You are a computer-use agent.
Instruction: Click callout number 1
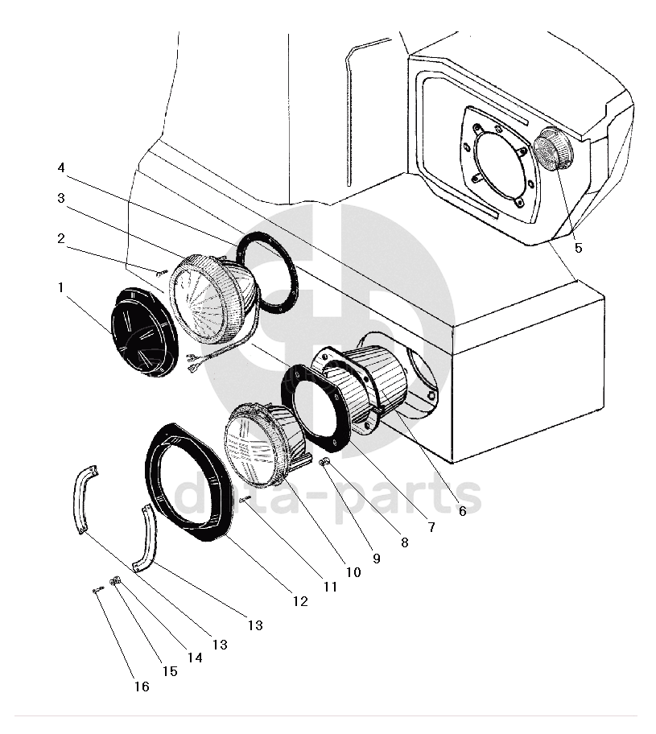click(x=60, y=287)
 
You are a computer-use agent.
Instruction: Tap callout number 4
click(x=61, y=167)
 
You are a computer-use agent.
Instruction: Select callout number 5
click(x=578, y=248)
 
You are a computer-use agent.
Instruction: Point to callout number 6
click(x=462, y=511)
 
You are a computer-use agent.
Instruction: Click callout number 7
click(x=431, y=527)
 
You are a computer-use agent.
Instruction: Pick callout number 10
click(x=353, y=571)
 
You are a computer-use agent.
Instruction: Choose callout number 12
click(x=300, y=601)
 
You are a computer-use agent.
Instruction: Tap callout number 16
click(x=142, y=687)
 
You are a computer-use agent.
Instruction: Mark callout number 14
click(x=195, y=658)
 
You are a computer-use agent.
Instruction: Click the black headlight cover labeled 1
click(x=144, y=332)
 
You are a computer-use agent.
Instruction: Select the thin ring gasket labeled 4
click(x=267, y=272)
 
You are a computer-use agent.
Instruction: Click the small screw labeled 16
click(x=97, y=590)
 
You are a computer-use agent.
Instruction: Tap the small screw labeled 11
click(x=245, y=500)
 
